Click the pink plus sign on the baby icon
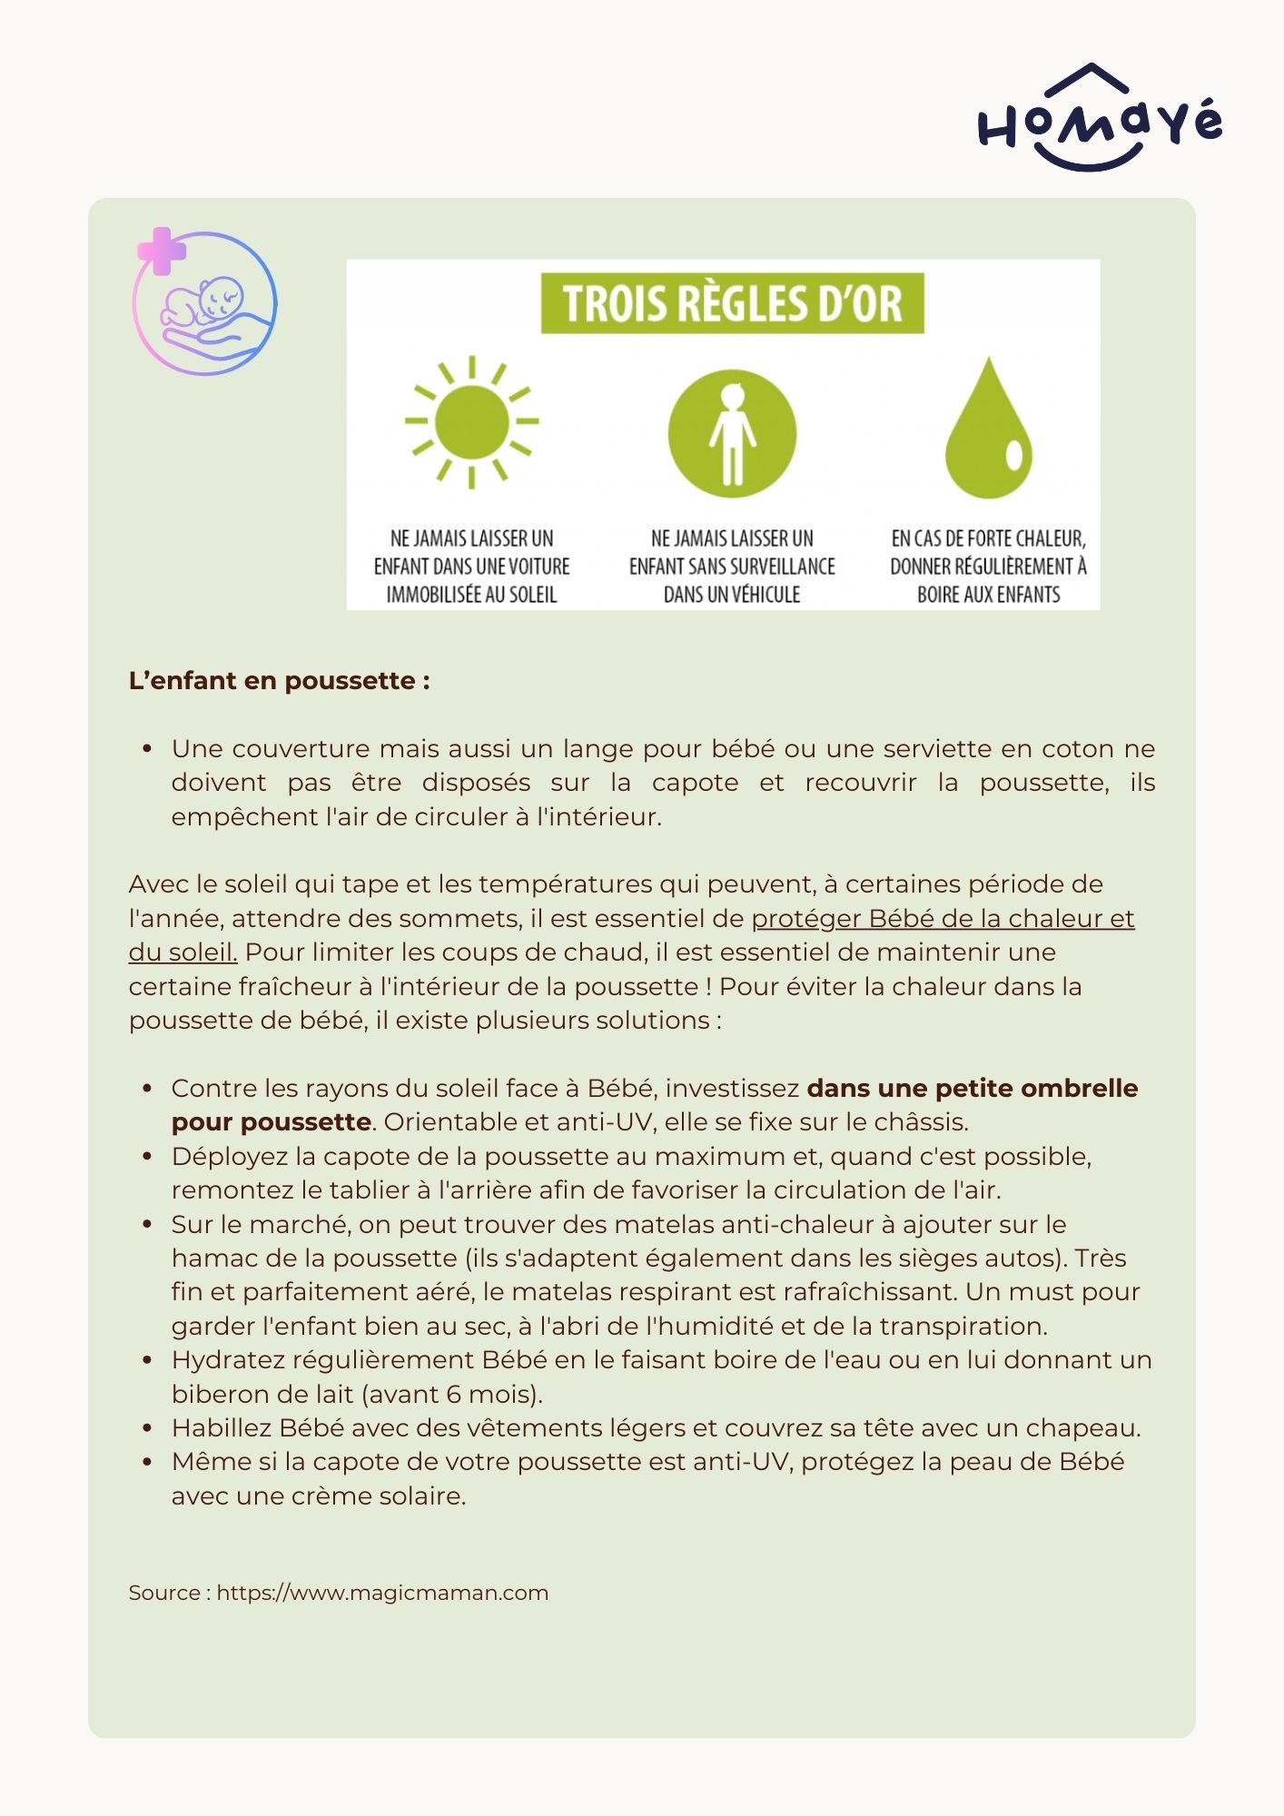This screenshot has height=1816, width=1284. (162, 251)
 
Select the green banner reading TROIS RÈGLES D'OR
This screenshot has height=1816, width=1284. (732, 303)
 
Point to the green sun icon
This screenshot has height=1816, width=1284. (471, 421)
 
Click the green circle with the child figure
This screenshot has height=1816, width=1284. (732, 433)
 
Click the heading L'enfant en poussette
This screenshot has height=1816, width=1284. (280, 680)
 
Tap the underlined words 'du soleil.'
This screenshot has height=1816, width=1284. (183, 952)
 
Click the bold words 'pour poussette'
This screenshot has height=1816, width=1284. (271, 1122)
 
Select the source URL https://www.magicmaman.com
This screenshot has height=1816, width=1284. (382, 1593)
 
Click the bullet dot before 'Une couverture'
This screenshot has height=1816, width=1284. (147, 749)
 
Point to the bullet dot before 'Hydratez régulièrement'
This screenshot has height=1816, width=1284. (147, 1360)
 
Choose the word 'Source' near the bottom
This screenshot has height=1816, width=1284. (164, 1593)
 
